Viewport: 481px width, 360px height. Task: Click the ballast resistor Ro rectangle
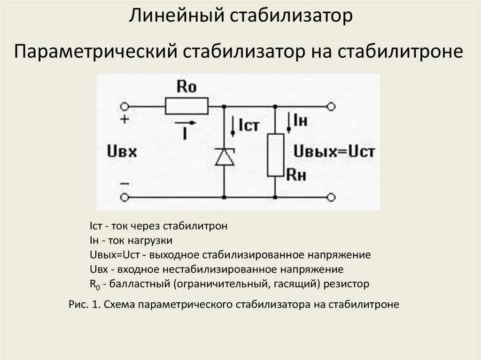[x=186, y=106]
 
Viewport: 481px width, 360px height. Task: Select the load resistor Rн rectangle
[x=276, y=155]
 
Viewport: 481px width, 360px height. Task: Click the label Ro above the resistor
[x=186, y=87]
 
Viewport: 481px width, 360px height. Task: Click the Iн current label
[x=300, y=121]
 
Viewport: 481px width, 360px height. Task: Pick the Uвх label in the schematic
[x=122, y=152]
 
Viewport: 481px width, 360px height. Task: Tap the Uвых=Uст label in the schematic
[x=334, y=152]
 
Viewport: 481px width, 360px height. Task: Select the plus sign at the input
[x=124, y=119]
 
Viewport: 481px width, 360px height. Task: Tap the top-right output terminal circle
[x=331, y=107]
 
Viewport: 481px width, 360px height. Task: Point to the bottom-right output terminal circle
[x=331, y=197]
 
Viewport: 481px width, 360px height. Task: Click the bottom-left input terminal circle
[x=124, y=197]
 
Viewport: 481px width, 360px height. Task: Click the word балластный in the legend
[x=133, y=284]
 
